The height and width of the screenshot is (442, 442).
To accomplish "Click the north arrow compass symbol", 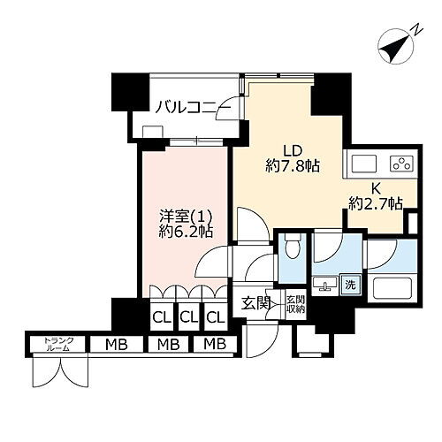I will pos(395,42).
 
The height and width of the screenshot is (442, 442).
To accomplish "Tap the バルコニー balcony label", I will pos(193,109).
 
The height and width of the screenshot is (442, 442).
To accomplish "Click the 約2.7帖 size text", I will pos(375,203).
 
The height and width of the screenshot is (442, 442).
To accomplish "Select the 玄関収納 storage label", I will pos(294,305).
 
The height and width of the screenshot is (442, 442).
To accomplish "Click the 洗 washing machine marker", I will pos(351,286).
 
